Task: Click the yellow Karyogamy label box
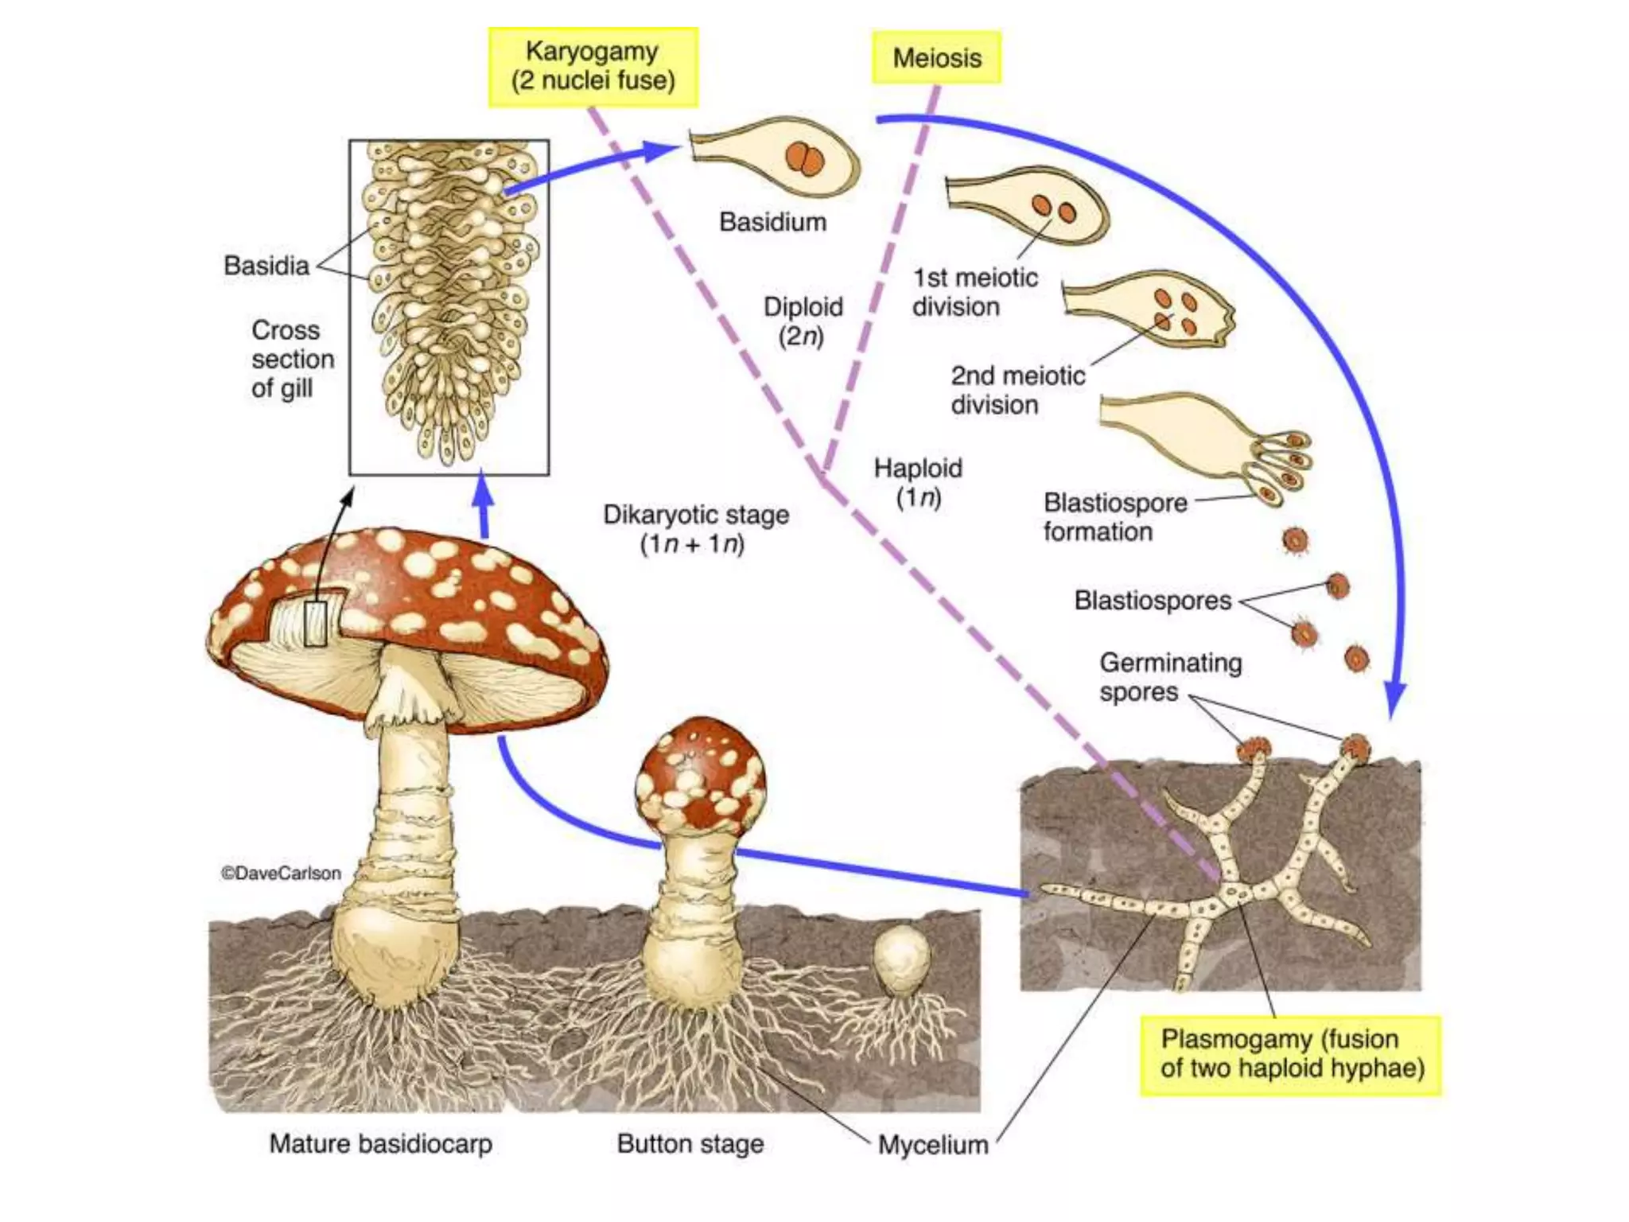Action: click(593, 67)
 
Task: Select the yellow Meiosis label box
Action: click(936, 57)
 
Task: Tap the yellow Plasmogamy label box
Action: click(1290, 1055)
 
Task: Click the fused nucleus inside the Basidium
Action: click(805, 158)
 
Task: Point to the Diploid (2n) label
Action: click(803, 321)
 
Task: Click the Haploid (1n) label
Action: click(918, 482)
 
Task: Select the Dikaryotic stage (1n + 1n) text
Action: click(696, 529)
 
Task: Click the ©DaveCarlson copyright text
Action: click(281, 873)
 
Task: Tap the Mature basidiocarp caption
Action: click(380, 1144)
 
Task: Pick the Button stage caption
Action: click(690, 1144)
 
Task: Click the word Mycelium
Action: click(933, 1145)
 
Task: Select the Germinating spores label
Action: click(1169, 677)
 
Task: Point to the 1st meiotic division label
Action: click(974, 292)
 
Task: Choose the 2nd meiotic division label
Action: click(1017, 390)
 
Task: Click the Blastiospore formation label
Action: click(1114, 517)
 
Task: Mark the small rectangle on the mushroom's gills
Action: click(316, 623)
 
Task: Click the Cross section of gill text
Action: click(292, 359)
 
